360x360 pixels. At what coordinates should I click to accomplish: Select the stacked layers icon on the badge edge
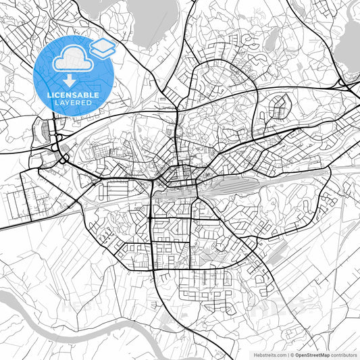(x=103, y=47)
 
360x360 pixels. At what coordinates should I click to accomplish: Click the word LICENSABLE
(x=73, y=95)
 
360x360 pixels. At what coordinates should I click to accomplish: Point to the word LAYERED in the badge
(x=73, y=103)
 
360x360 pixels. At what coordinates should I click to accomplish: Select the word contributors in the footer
(x=344, y=355)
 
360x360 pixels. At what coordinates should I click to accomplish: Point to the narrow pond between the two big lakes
(x=268, y=44)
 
